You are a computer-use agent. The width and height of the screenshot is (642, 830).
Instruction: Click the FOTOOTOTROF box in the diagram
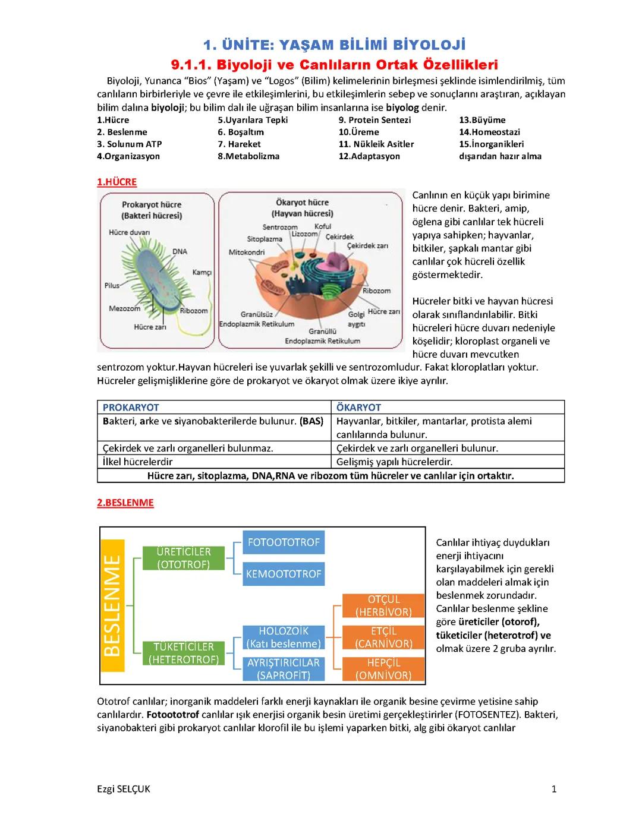(284, 542)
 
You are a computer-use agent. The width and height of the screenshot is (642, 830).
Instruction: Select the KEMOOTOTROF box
(284, 574)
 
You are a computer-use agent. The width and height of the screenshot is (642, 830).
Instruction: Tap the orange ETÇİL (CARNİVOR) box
(383, 638)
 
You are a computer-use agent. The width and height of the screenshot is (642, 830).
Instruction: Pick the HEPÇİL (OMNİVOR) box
(383, 669)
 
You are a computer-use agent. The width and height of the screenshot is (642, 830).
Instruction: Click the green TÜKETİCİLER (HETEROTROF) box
(184, 653)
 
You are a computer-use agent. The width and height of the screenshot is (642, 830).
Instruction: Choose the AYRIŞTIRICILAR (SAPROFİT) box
(284, 669)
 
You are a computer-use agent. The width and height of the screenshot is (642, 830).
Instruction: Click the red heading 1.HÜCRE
(117, 182)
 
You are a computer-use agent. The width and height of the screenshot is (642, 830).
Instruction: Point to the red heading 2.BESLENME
(125, 503)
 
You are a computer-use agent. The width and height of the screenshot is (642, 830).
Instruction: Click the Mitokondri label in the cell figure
(247, 253)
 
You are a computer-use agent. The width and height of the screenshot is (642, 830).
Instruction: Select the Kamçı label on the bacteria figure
(202, 273)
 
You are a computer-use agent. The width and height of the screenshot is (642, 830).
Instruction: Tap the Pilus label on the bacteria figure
(112, 286)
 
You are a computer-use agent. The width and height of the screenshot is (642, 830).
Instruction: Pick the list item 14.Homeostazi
(489, 132)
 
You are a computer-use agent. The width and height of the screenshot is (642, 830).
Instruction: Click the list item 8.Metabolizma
(248, 156)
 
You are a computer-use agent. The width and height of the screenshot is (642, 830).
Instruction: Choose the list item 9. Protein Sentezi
(374, 120)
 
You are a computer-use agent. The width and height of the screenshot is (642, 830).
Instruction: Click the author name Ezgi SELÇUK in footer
(124, 789)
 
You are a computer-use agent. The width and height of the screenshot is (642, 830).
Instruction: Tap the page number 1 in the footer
(554, 789)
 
